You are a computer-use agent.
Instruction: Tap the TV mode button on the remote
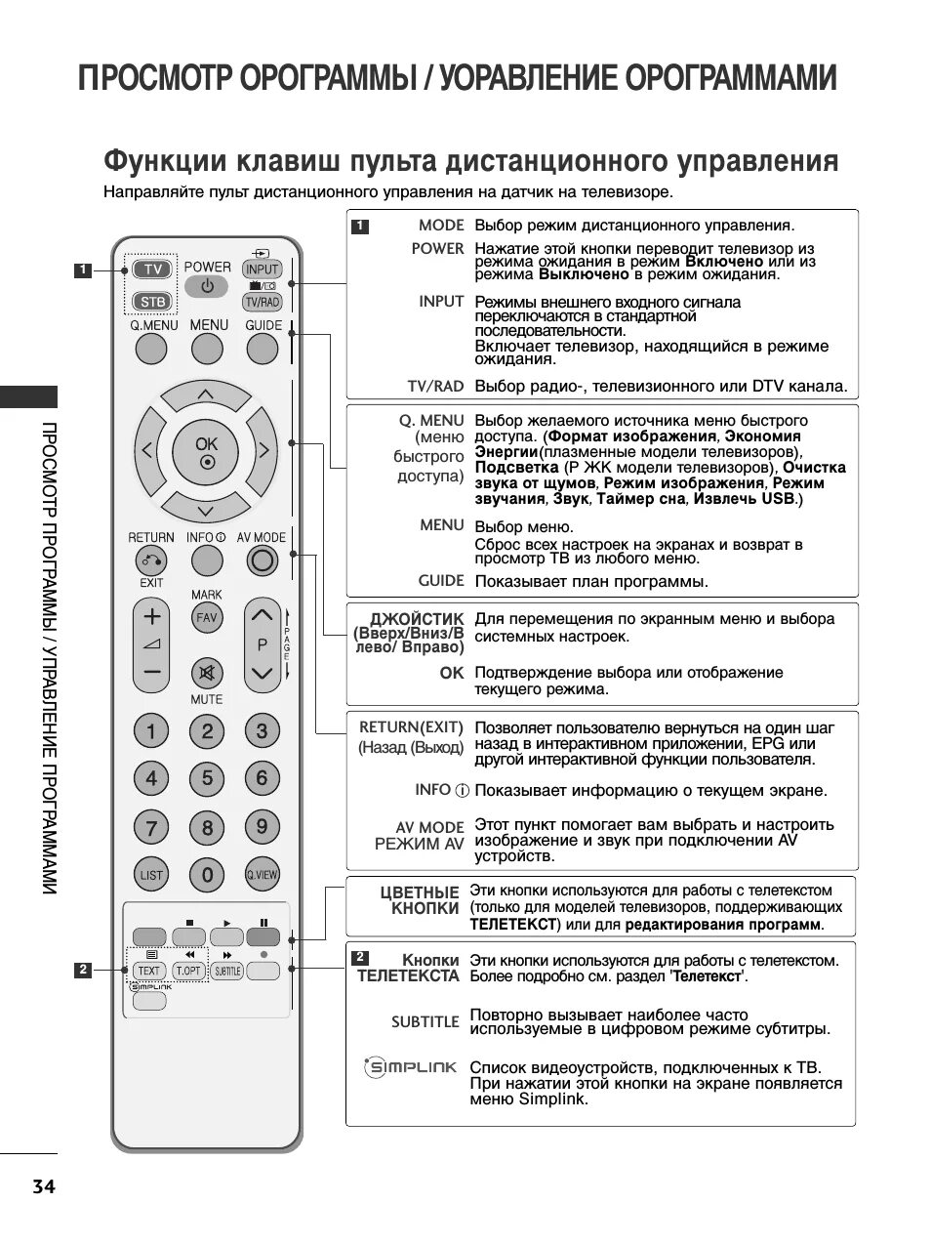(x=150, y=270)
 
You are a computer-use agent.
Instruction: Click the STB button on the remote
(x=150, y=302)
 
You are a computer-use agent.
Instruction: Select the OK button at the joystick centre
(x=206, y=451)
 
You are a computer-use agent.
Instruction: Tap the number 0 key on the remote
(x=207, y=875)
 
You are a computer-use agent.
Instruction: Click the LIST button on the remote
(x=151, y=875)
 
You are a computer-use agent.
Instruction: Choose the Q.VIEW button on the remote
(x=262, y=875)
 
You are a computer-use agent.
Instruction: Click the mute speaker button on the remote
(x=206, y=672)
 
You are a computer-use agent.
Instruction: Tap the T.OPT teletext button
(x=187, y=971)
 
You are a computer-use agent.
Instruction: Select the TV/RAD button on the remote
(x=262, y=302)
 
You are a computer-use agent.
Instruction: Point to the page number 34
(x=44, y=1187)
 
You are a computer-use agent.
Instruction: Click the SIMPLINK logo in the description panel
(x=411, y=1067)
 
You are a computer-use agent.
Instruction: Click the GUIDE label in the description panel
(x=441, y=580)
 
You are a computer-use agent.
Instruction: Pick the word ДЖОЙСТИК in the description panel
(x=417, y=619)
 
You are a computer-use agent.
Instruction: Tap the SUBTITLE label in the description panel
(x=425, y=1021)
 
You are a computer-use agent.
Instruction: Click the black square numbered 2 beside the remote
(x=84, y=970)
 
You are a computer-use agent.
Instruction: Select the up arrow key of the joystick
(x=205, y=394)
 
